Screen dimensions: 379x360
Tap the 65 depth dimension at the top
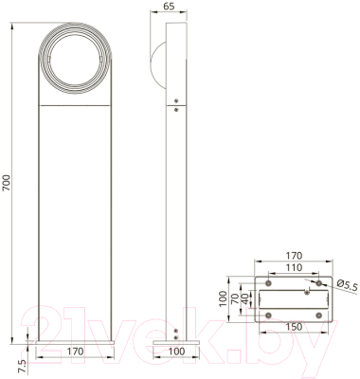tap(168, 7)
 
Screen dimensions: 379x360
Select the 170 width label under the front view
tap(75, 352)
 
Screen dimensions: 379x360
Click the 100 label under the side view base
tap(175, 352)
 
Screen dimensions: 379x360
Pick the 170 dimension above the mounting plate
tap(295, 255)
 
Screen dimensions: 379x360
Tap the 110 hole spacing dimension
tap(295, 267)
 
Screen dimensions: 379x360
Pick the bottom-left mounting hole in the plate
tap(268, 316)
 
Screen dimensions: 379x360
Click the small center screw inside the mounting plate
tap(305, 294)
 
